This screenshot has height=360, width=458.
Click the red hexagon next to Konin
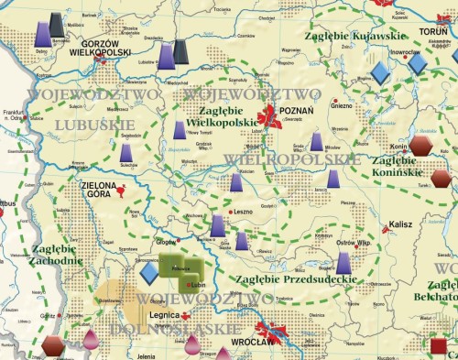coord(420,146)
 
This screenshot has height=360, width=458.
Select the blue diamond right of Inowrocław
coord(417,64)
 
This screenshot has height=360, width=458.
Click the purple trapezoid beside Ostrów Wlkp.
coord(343,262)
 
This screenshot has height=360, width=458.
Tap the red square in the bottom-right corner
coord(439,346)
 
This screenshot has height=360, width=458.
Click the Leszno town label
coord(243,210)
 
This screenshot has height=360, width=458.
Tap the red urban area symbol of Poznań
coord(271,116)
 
